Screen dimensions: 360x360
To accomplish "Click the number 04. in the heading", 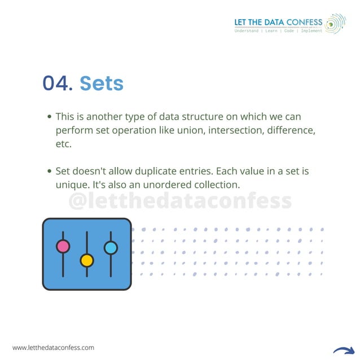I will coord(58,84).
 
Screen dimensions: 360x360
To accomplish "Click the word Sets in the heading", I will coord(102,84).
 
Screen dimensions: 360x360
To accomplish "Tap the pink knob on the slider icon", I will coord(63,247).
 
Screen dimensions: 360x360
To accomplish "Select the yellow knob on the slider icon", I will coord(87,260).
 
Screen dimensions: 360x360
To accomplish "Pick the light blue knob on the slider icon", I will coord(111,248).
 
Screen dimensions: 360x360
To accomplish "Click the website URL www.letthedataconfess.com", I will coord(53,348).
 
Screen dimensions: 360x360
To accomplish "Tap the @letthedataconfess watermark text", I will coord(180,201).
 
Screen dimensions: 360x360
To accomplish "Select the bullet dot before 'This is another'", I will coord(50,117).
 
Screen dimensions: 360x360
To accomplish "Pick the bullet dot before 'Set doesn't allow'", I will coord(50,171).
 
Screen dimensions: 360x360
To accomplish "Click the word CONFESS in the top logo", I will coord(305,23).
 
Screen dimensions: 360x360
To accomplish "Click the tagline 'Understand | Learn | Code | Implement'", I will coord(278,31).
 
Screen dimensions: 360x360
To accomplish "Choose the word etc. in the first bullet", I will coord(64,144).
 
